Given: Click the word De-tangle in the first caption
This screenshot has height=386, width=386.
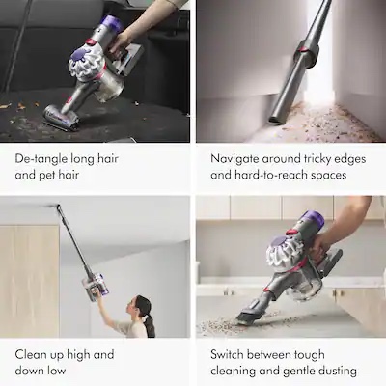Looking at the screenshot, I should pos(39,157).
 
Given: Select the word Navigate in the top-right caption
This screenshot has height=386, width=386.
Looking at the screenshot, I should pos(237,157).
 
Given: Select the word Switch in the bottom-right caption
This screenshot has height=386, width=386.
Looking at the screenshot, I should pos(232,354).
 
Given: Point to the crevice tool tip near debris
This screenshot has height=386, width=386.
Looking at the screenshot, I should pos(277,118).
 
